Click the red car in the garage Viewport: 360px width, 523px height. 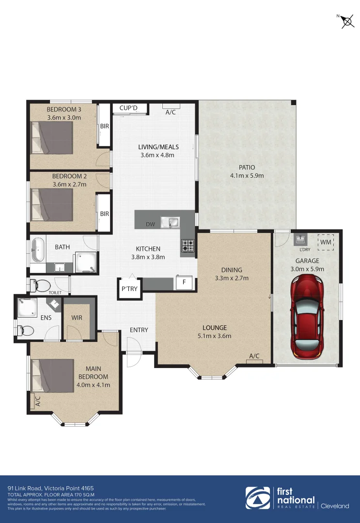coord(306,317)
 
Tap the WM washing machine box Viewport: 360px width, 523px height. coord(326,241)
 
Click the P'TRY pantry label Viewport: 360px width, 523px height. coord(129,289)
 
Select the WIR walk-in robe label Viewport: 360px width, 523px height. coord(77,318)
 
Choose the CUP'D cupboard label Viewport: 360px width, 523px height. coord(128,108)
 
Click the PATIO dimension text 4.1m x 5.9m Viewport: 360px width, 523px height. coord(247,176)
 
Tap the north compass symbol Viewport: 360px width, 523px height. coord(346,21)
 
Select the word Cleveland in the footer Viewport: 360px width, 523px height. coord(335,506)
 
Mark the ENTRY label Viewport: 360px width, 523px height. coord(139,330)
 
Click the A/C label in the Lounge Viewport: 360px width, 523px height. coord(254,356)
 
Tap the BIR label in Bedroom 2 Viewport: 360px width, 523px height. coord(104,214)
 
